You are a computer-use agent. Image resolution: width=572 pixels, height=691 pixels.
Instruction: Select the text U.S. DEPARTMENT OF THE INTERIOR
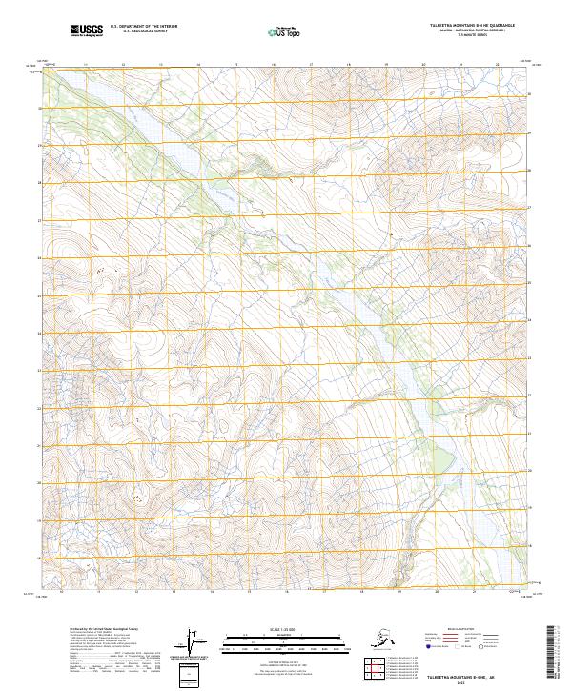143,28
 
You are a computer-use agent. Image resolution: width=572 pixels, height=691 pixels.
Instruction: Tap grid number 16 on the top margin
274,65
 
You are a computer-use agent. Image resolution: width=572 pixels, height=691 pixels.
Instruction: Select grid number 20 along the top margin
423,65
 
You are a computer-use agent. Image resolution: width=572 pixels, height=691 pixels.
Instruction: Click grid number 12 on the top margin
123,65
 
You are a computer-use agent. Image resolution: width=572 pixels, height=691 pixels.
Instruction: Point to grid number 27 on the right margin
531,220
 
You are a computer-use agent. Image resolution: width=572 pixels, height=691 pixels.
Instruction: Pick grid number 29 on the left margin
39,146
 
